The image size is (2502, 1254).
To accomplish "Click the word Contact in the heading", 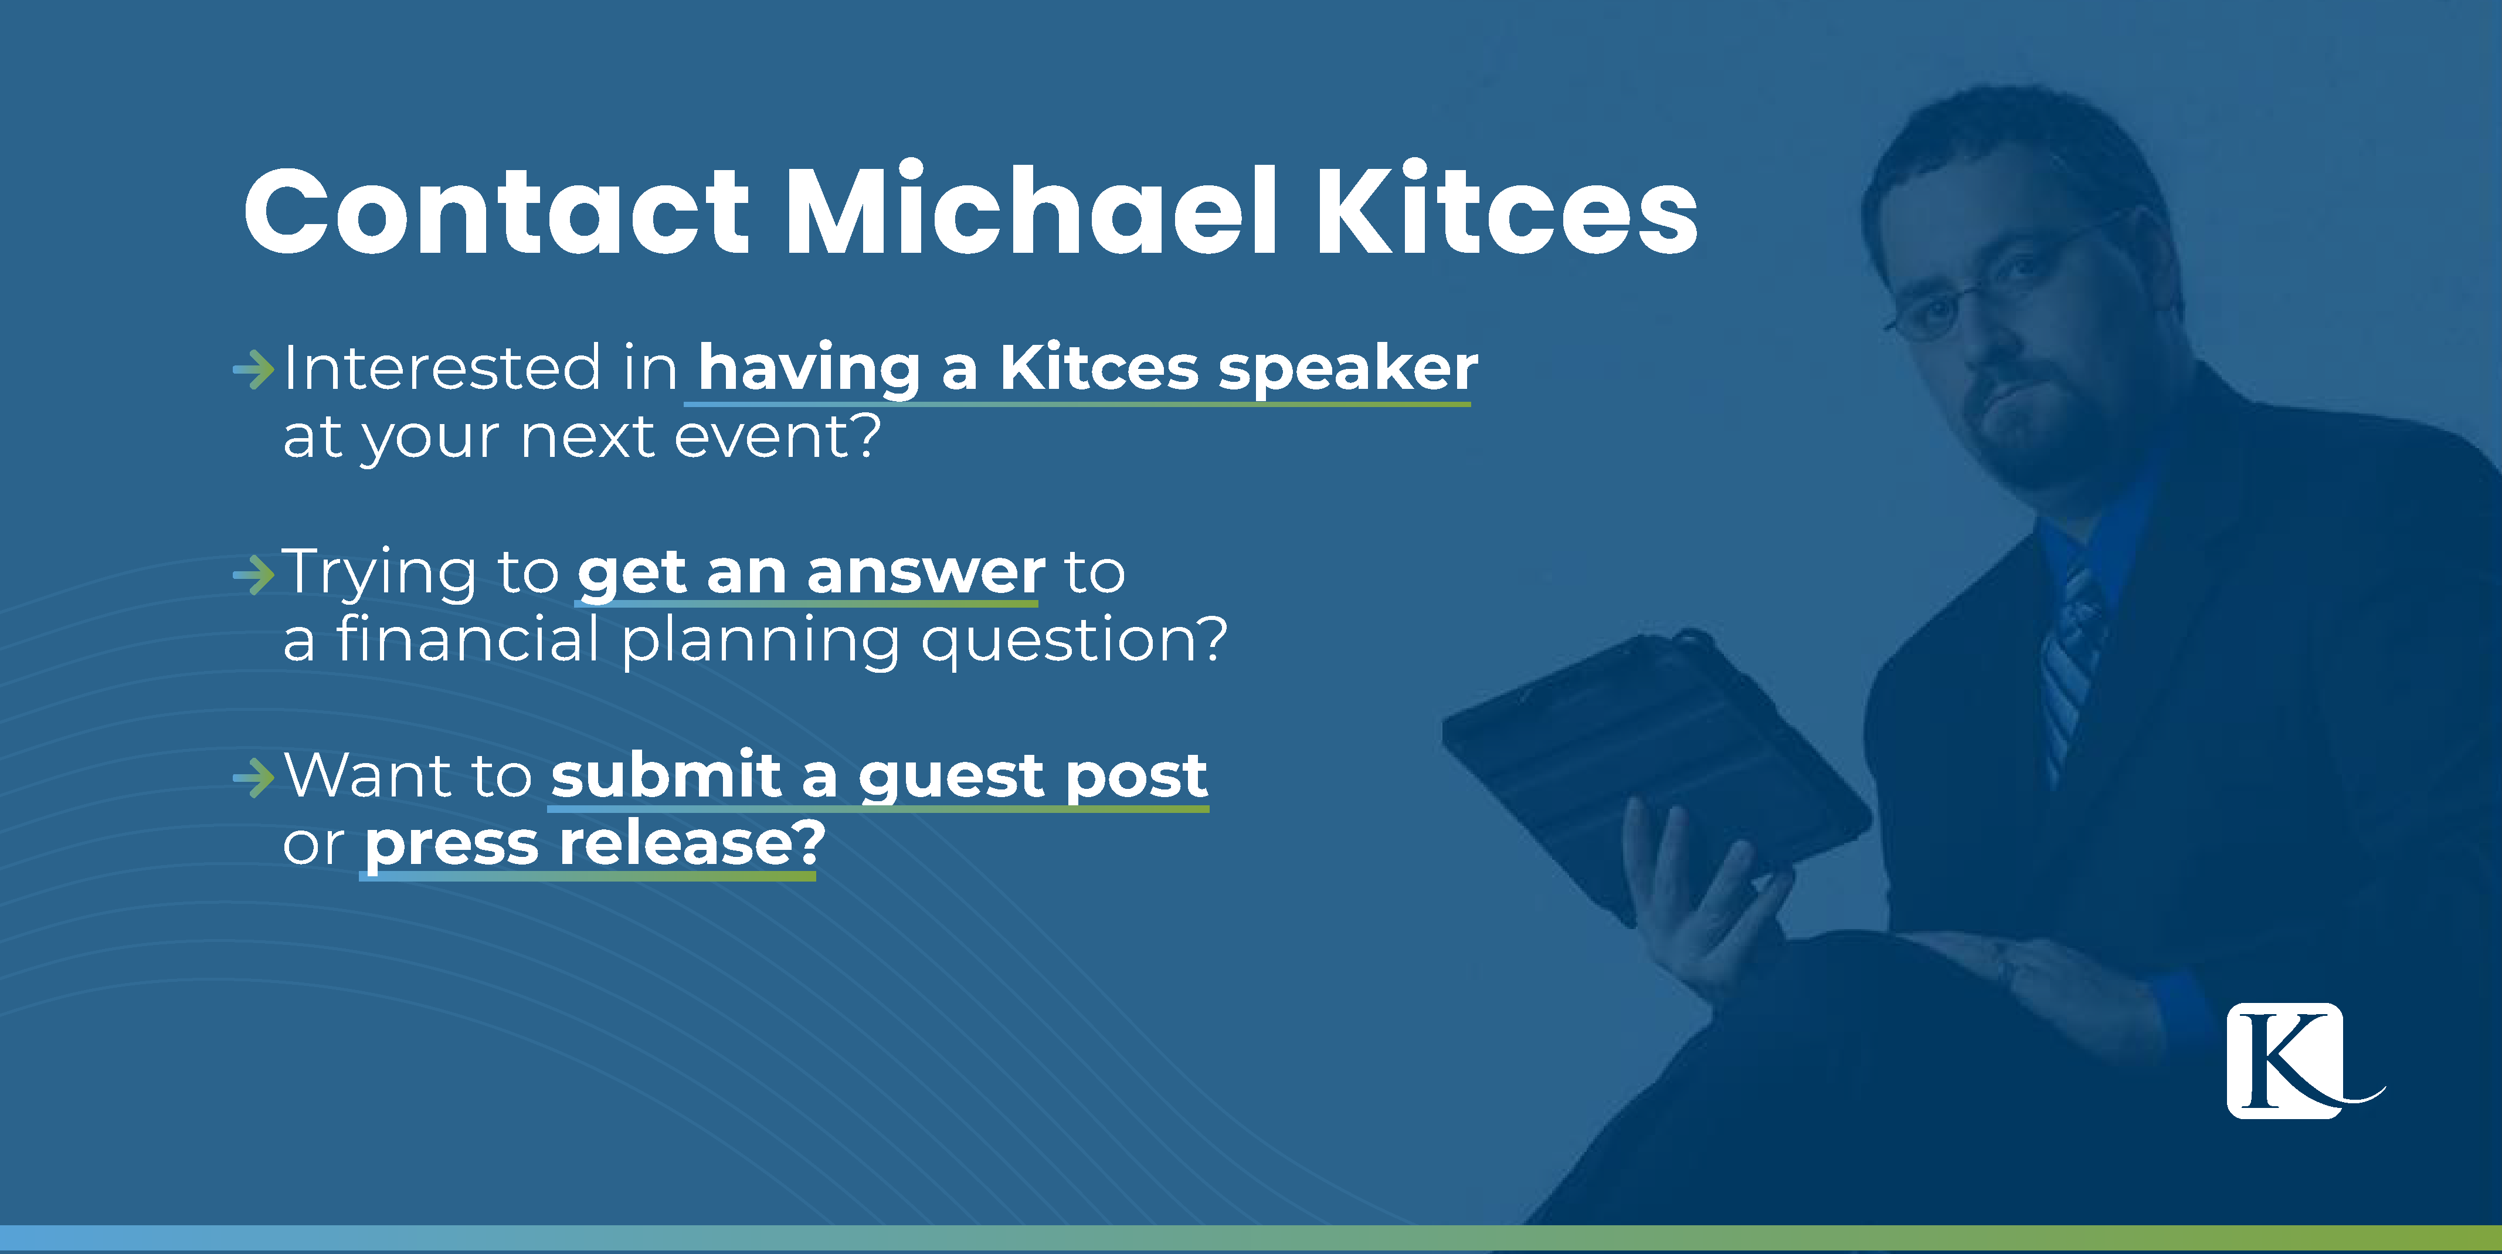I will pos(495,211).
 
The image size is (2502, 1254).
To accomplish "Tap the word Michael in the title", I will pos(1030,211).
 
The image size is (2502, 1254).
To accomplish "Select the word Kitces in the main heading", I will pos(1505,211).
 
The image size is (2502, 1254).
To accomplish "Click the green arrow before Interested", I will pos(253,370).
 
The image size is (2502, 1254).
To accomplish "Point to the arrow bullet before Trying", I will pos(253,574).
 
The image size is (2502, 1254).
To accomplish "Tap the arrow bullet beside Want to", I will pos(253,777).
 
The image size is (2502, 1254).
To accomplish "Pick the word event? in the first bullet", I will pos(777,436).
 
